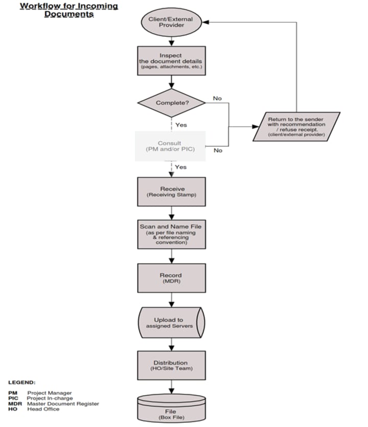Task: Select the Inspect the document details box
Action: click(x=171, y=61)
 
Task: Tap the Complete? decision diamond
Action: click(x=171, y=103)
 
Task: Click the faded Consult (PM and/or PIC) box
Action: click(x=170, y=146)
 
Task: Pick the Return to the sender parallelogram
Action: click(x=296, y=126)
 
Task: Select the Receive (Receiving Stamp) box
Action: click(x=171, y=192)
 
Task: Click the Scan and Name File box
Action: click(x=171, y=234)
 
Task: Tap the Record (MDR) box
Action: click(x=171, y=278)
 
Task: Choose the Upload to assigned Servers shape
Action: click(x=171, y=323)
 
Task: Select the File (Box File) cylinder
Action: click(x=171, y=409)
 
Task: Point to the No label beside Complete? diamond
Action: click(x=217, y=98)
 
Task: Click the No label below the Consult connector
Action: click(x=218, y=150)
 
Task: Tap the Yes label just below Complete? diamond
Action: click(x=181, y=124)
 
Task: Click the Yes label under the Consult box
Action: click(x=181, y=167)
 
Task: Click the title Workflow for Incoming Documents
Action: click(x=68, y=10)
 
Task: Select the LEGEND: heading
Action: click(x=22, y=382)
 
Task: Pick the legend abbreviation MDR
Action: click(x=14, y=403)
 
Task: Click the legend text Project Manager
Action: click(x=50, y=393)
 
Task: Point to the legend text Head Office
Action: click(x=43, y=409)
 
